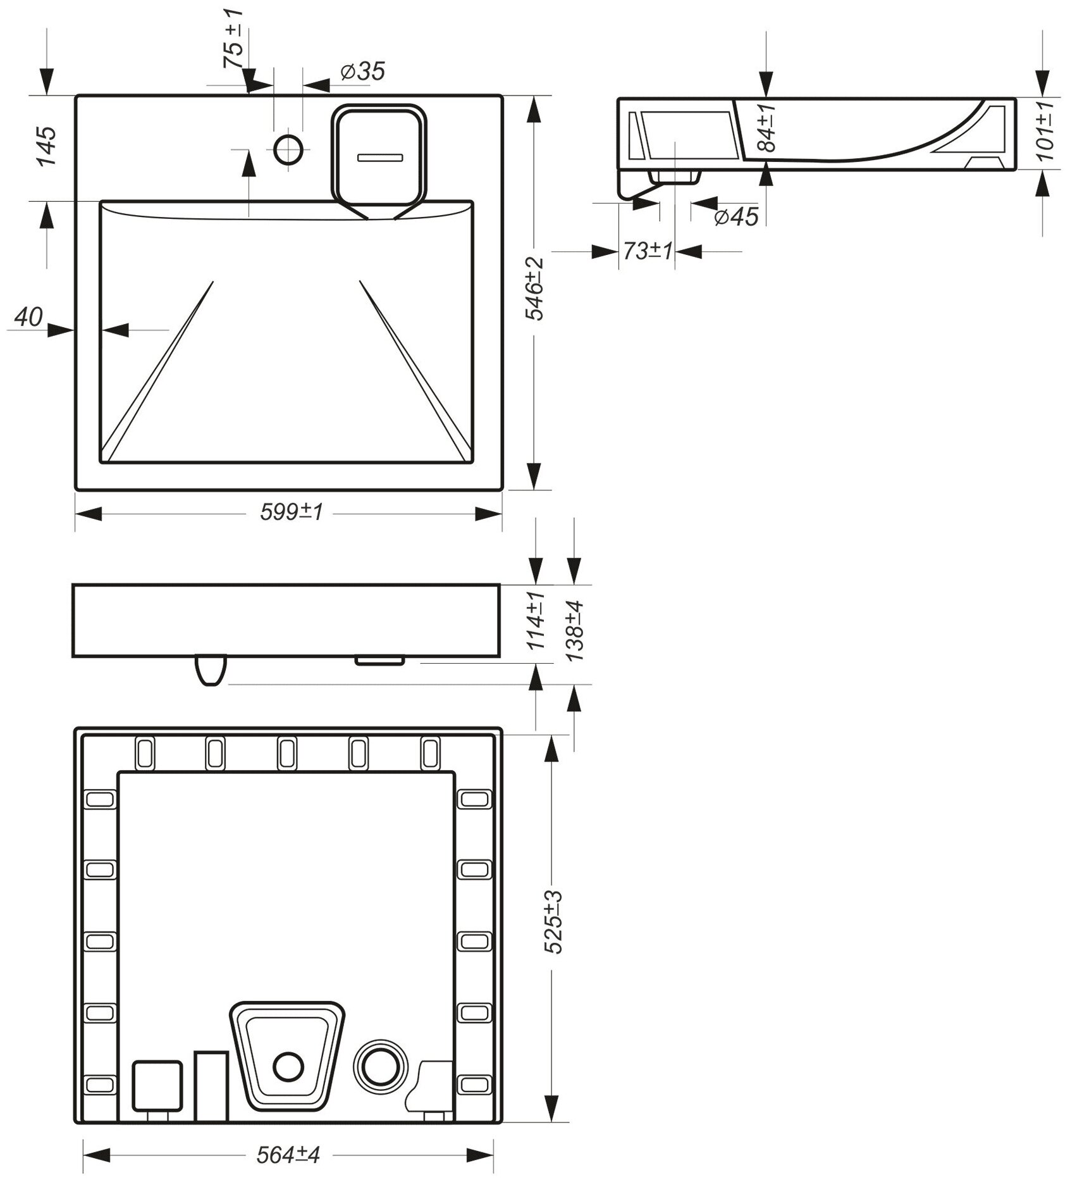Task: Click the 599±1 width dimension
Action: (x=292, y=513)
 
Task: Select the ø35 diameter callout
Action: (x=362, y=72)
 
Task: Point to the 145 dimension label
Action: (x=46, y=147)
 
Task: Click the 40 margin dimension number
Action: (x=28, y=318)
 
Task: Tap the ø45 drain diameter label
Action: (x=735, y=217)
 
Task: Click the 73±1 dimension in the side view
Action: (x=648, y=252)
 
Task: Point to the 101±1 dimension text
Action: (x=1047, y=131)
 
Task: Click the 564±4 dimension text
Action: (x=288, y=1155)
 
